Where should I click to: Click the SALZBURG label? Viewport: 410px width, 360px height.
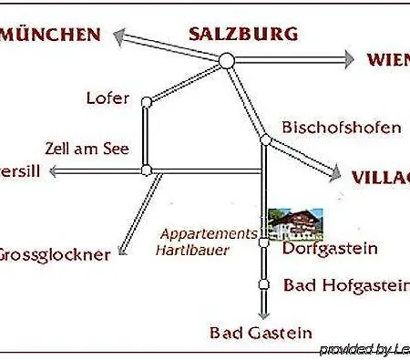coord(243,35)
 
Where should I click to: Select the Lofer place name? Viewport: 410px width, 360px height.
coord(108,98)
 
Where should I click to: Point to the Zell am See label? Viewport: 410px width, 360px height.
coord(87,148)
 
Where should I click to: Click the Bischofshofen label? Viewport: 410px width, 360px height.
coord(341,128)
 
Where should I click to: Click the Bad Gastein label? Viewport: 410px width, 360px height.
coord(261,334)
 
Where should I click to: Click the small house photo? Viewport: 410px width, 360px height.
coord(294,220)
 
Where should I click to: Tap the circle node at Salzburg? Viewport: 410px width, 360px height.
coord(227,60)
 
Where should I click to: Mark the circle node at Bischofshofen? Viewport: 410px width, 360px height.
coord(265,140)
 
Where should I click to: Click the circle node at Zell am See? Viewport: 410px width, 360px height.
coord(146,170)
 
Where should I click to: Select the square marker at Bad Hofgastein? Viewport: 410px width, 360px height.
coord(263,284)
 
